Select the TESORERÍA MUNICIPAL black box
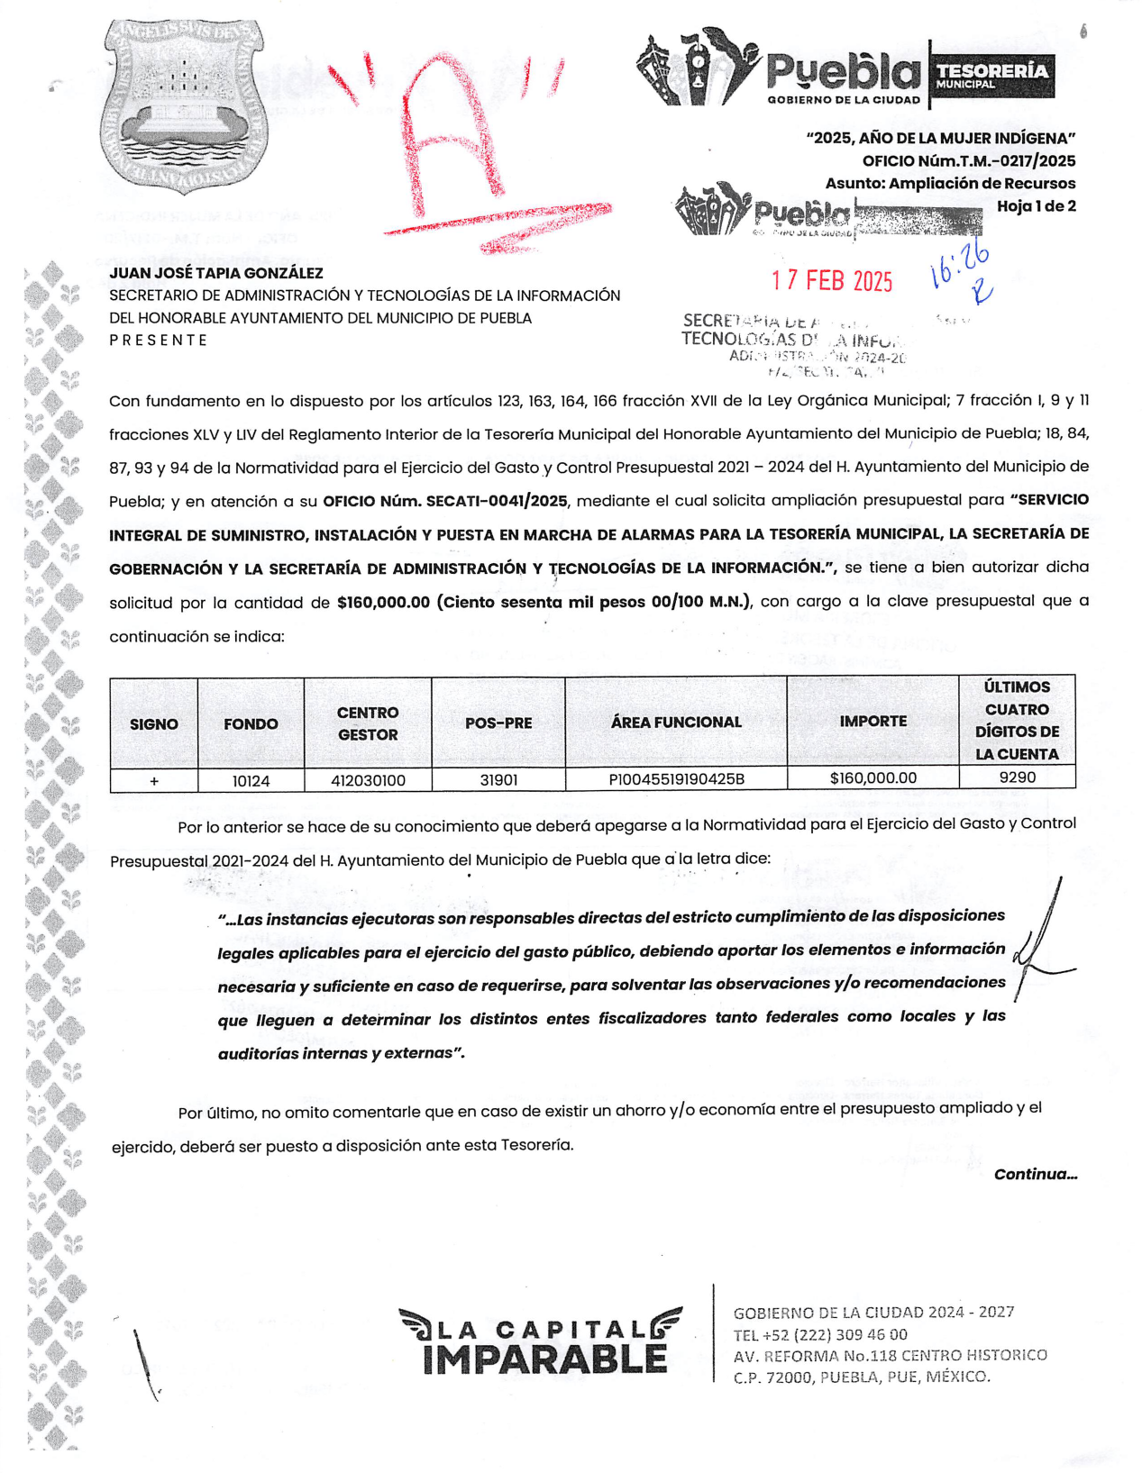click(x=991, y=76)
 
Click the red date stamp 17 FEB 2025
click(x=832, y=281)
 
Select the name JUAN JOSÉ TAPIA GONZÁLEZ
click(x=216, y=273)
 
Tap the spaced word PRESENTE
click(x=159, y=341)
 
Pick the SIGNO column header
click(x=154, y=724)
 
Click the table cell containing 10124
click(x=251, y=781)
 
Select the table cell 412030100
click(x=368, y=781)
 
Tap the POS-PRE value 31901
click(x=498, y=780)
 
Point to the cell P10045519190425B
click(x=676, y=779)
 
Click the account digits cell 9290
click(x=1017, y=777)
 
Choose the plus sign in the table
click(x=154, y=781)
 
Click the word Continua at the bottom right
click(x=1035, y=1175)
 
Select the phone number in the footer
click(x=820, y=1335)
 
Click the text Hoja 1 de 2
click(x=1036, y=206)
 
